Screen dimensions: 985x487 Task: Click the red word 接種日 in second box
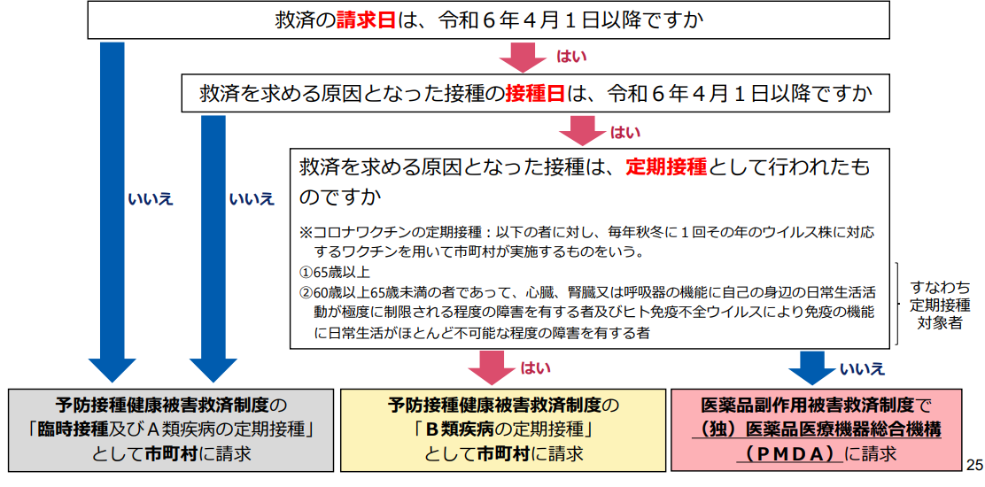pos(536,94)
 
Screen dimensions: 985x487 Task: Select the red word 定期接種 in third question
pos(666,167)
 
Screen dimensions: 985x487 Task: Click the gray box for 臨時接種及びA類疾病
pos(171,429)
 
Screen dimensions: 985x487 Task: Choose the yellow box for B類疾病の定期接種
pos(502,429)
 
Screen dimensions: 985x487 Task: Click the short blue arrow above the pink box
pos(813,367)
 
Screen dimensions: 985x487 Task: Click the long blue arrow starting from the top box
pos(112,213)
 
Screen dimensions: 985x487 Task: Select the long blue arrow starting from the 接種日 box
pos(213,249)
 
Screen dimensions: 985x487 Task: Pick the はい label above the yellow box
pos(536,368)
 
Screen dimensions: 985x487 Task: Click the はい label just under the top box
pos(571,57)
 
